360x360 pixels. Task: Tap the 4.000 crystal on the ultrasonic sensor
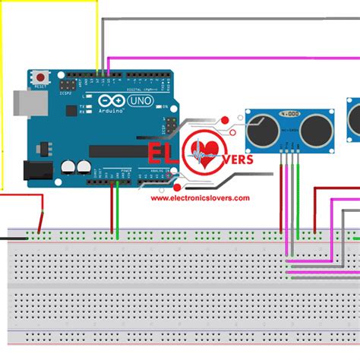coord(289,115)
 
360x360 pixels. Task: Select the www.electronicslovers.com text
coord(200,198)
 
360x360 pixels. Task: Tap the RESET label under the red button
coord(40,87)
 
